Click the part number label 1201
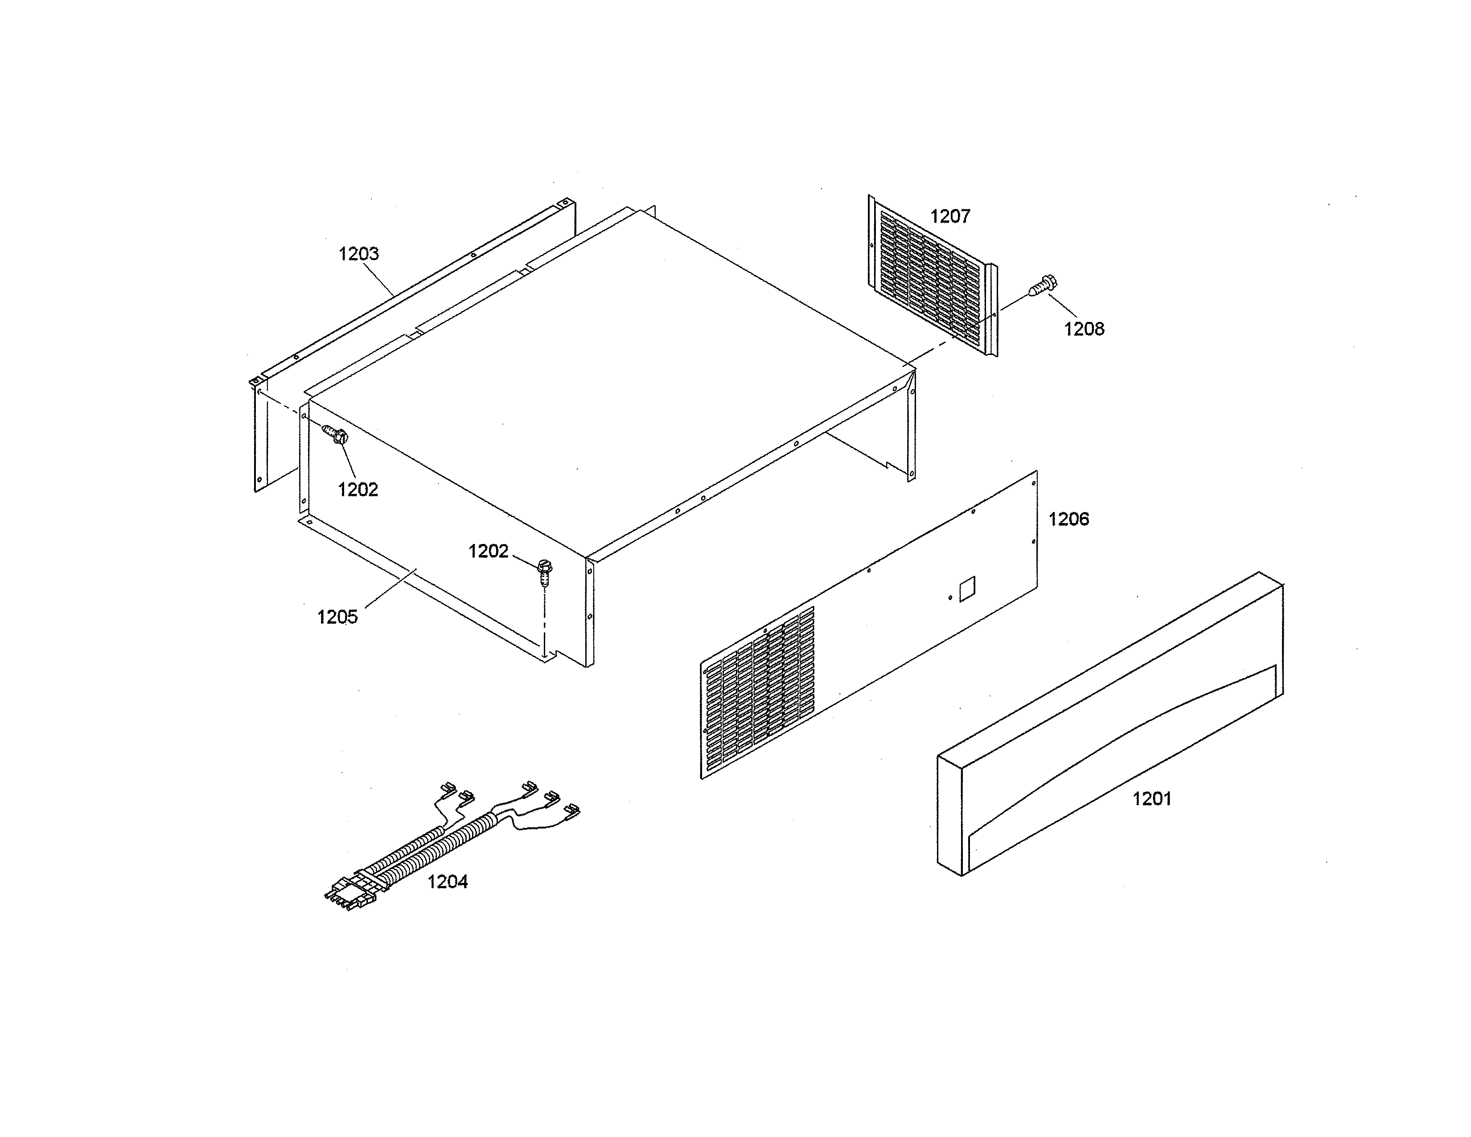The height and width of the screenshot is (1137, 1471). pyautogui.click(x=1152, y=799)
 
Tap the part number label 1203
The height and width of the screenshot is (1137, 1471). pyautogui.click(x=358, y=254)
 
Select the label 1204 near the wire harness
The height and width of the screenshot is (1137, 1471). pyautogui.click(x=447, y=881)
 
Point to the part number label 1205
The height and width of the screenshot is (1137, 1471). pyautogui.click(x=337, y=617)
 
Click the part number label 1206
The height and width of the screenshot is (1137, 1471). pyautogui.click(x=1069, y=519)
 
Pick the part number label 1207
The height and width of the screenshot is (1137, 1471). pyautogui.click(x=950, y=216)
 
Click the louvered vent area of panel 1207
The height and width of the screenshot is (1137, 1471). pyautogui.click(x=929, y=276)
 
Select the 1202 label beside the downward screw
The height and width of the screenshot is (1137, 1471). pyautogui.click(x=488, y=551)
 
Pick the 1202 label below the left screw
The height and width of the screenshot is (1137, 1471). pyautogui.click(x=357, y=490)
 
